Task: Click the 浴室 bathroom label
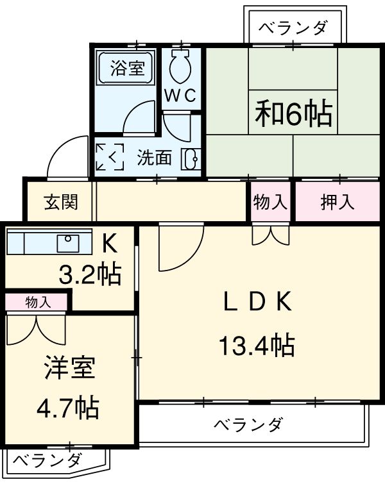click(x=126, y=67)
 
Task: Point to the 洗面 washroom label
click(x=154, y=157)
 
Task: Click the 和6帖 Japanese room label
click(x=293, y=113)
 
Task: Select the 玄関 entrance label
click(x=61, y=202)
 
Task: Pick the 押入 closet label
click(x=337, y=202)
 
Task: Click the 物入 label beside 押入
click(x=270, y=202)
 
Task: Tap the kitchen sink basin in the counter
click(x=67, y=243)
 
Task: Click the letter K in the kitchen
click(x=110, y=243)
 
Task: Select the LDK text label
click(x=257, y=301)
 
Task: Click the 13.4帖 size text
click(x=257, y=346)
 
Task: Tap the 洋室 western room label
click(x=69, y=369)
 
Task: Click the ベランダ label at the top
click(x=293, y=28)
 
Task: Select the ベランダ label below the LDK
click(x=248, y=424)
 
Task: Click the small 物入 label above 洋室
click(x=38, y=302)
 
